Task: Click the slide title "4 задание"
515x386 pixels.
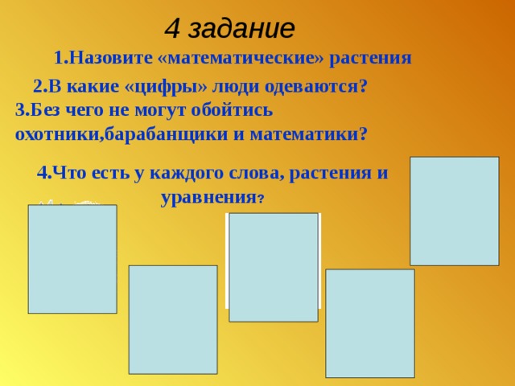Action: click(x=229, y=28)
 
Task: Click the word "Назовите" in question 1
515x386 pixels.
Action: click(x=106, y=58)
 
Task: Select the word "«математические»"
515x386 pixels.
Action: click(x=228, y=58)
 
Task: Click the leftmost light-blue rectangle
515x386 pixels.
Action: click(x=72, y=259)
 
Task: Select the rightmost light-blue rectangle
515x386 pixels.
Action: click(x=454, y=211)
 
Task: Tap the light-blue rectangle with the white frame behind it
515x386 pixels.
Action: click(x=274, y=267)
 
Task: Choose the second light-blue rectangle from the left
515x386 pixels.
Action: click(x=173, y=319)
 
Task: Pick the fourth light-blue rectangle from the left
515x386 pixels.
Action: click(x=370, y=323)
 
